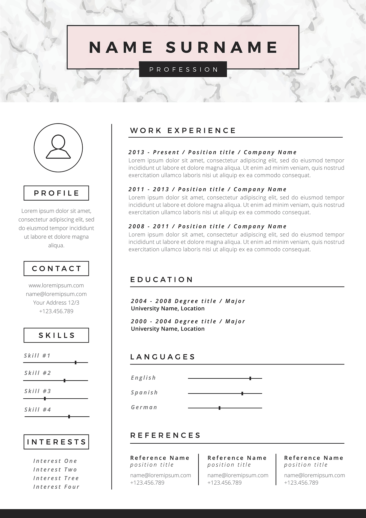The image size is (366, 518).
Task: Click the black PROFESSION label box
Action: coord(183,69)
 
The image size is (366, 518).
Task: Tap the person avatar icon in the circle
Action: coord(58,147)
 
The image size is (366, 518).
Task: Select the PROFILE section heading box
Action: coord(56,193)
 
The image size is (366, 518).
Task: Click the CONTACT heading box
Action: coord(56,268)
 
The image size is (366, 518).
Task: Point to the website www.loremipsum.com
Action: coord(56,285)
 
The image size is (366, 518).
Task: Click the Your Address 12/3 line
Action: coord(56,303)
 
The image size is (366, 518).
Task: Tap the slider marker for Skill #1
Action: coord(76,362)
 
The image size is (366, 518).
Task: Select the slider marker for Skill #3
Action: coord(45,399)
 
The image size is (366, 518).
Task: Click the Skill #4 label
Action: coord(38,409)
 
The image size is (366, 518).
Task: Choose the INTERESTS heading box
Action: coord(56,442)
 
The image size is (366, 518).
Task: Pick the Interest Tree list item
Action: coord(56,478)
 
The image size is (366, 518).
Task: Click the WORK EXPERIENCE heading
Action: coord(183,131)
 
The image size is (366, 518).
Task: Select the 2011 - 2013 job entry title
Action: coord(207,189)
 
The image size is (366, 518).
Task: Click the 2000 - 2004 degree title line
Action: coord(188,321)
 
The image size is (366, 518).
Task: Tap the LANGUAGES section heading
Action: coord(163,357)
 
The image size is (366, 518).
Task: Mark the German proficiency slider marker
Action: coord(219,408)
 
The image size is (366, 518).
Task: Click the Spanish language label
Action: coord(144,392)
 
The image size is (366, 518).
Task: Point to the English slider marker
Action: coord(250,378)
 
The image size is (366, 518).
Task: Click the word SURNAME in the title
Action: coord(222,47)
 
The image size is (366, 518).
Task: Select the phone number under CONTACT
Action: coord(56,311)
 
